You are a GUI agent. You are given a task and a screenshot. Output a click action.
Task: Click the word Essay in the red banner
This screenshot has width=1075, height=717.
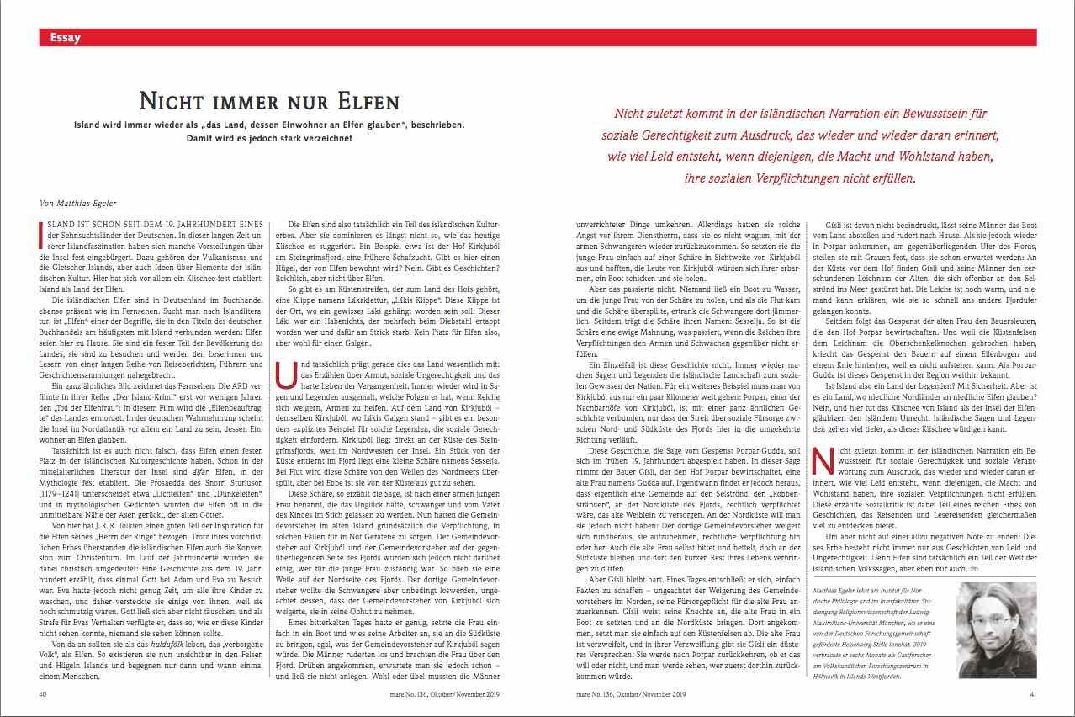[x=66, y=37]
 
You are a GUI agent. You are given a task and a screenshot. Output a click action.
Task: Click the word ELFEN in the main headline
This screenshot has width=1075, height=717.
[x=365, y=103]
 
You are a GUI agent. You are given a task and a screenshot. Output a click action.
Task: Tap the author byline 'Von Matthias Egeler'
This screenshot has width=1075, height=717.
[x=77, y=204]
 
